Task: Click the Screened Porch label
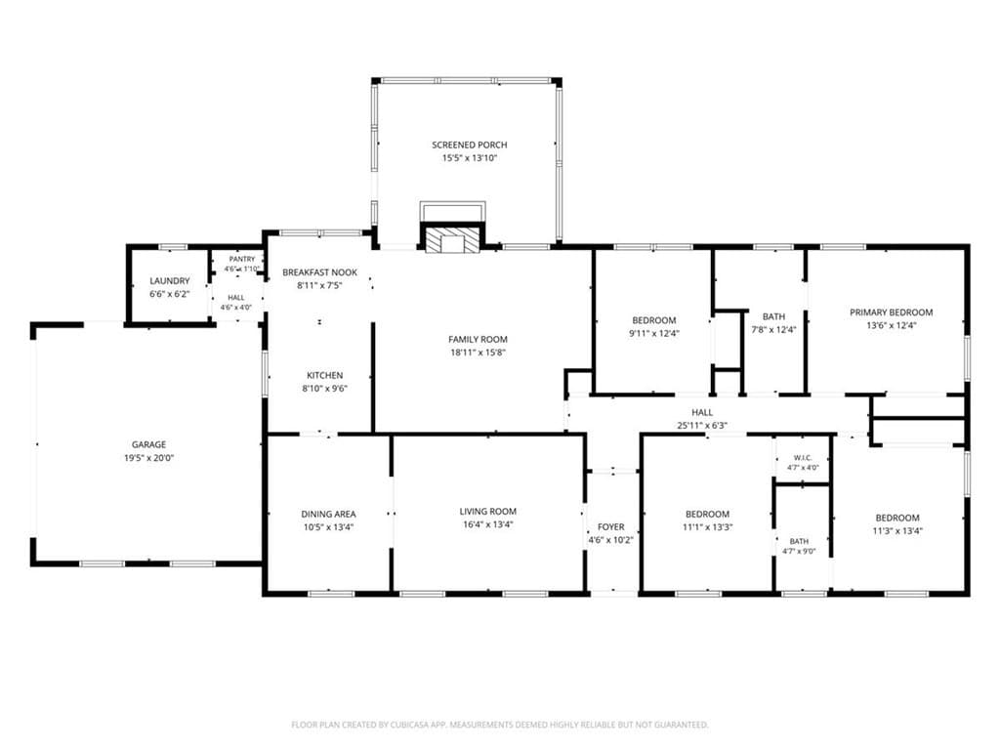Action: (x=470, y=145)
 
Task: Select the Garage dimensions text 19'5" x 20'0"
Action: (x=149, y=457)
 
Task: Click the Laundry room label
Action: (x=170, y=280)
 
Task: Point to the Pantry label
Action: (x=242, y=259)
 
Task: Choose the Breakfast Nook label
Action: (x=319, y=272)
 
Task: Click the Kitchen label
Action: (x=324, y=376)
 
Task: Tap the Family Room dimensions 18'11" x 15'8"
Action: (x=478, y=352)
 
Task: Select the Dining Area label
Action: (x=328, y=514)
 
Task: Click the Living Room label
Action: (x=488, y=512)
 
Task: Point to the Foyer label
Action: (x=611, y=526)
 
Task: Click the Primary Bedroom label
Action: (x=891, y=312)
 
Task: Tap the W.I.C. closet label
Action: (x=803, y=458)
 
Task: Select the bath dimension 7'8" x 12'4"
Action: (x=773, y=330)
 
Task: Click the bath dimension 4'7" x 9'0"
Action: (x=799, y=552)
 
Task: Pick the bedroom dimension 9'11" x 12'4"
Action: (x=654, y=333)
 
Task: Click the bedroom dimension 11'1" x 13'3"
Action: (x=707, y=526)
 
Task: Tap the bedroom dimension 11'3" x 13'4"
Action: (x=897, y=530)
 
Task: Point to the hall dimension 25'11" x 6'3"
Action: (x=702, y=426)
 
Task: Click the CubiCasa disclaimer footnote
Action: (x=500, y=725)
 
